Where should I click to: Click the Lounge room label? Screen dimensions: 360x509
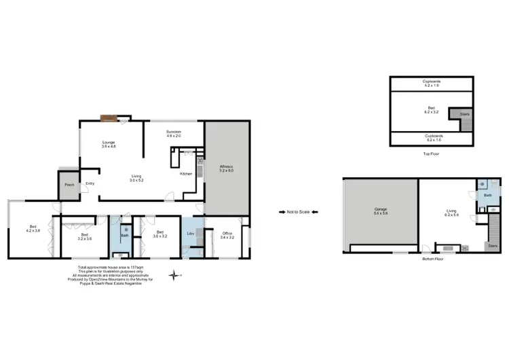(109, 144)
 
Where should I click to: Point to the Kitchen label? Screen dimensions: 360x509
(186, 174)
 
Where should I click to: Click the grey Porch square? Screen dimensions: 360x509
(69, 185)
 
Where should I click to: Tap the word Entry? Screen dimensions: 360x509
(90, 183)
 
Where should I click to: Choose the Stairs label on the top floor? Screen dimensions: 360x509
(464, 114)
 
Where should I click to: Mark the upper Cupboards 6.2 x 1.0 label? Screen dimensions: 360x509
(432, 83)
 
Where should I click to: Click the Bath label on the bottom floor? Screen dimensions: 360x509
(487, 196)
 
